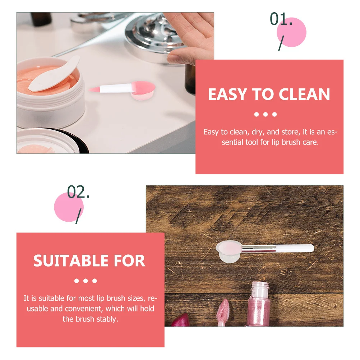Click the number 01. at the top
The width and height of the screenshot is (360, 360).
coord(281,20)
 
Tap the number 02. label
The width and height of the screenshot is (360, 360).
coord(78,193)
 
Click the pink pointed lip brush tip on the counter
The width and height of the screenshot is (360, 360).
coord(94,89)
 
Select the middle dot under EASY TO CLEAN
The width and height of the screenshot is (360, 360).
coord(266,115)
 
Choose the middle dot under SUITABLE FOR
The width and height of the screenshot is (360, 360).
coord(86,281)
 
